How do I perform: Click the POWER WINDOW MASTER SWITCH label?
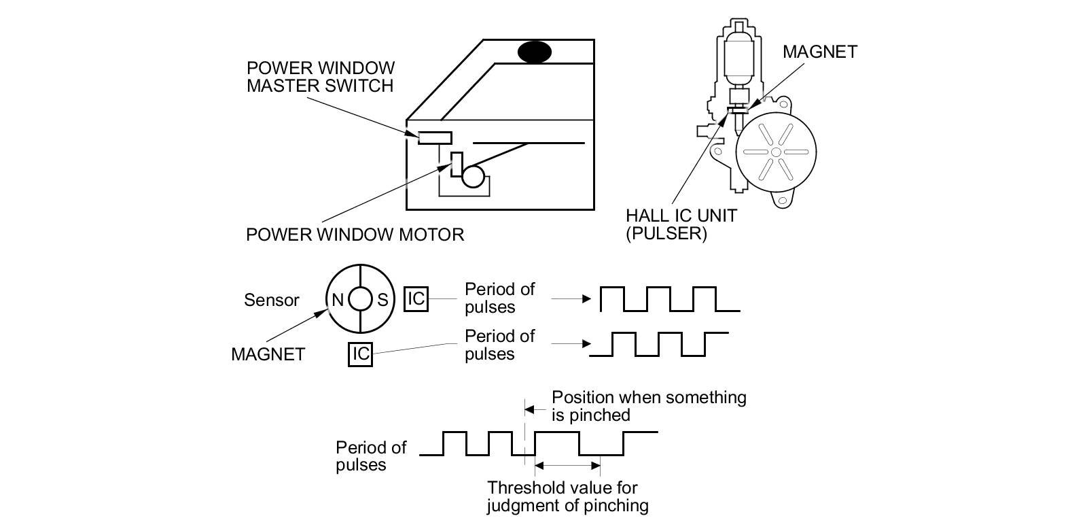[320, 77]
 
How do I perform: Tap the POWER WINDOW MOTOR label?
[355, 235]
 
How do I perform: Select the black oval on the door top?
[534, 52]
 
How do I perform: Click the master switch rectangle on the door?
[435, 137]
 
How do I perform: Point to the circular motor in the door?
[474, 177]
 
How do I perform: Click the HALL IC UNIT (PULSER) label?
[681, 224]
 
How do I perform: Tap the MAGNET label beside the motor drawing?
[819, 52]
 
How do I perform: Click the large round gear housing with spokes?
[776, 152]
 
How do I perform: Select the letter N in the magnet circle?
[338, 299]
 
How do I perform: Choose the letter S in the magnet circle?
[382, 299]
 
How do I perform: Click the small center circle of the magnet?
[360, 299]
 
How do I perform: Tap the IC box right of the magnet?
[416, 298]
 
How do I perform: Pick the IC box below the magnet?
[360, 354]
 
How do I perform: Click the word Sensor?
[271, 300]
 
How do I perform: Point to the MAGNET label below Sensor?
[268, 354]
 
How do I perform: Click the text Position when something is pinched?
[648, 406]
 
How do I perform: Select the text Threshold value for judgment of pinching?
[567, 496]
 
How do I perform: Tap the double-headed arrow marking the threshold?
[568, 466]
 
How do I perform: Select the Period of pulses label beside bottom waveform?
[370, 456]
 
